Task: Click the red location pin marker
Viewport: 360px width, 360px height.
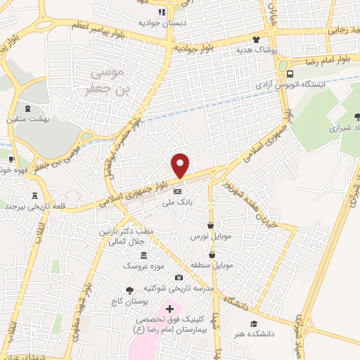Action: point(181,165)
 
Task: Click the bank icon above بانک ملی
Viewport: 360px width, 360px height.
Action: point(178,191)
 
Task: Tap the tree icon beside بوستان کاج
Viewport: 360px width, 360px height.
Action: point(129,290)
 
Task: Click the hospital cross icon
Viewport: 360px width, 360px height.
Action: point(169,308)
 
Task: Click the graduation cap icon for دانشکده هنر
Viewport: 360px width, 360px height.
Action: point(262,304)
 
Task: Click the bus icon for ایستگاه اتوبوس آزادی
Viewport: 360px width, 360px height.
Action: point(290,73)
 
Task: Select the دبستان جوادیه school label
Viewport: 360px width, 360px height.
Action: point(161,22)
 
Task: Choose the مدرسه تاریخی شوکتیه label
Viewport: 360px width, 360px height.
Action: point(178,289)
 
